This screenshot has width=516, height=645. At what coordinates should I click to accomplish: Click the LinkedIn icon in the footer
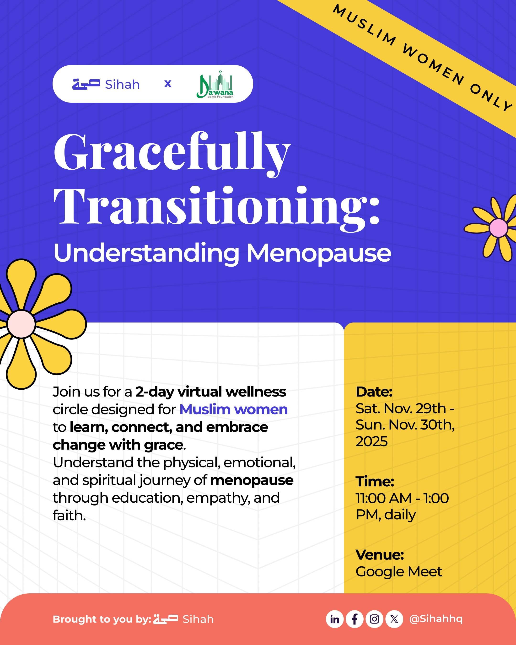point(334,619)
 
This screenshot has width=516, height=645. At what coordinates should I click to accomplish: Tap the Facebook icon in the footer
point(355,619)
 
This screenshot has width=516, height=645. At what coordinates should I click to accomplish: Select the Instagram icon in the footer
point(374,619)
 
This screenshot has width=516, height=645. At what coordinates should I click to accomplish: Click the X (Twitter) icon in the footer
point(394,619)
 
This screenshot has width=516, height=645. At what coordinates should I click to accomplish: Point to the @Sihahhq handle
point(435,619)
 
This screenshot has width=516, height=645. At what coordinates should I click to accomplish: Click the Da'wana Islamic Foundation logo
point(215,84)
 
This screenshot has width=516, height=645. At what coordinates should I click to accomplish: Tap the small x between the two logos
point(168,84)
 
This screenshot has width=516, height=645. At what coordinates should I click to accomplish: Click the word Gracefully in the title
point(172,153)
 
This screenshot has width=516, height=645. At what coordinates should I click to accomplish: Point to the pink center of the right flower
point(498,228)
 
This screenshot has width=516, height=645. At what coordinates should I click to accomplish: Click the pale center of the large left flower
point(21,324)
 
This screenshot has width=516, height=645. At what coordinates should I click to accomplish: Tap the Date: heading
point(374,392)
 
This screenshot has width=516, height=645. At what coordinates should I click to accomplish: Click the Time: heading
point(375,482)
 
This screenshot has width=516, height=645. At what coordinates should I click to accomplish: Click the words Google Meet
point(399,572)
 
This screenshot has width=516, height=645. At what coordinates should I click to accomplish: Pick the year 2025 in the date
point(371,441)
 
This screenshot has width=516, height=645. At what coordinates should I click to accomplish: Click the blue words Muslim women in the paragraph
point(234,409)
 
